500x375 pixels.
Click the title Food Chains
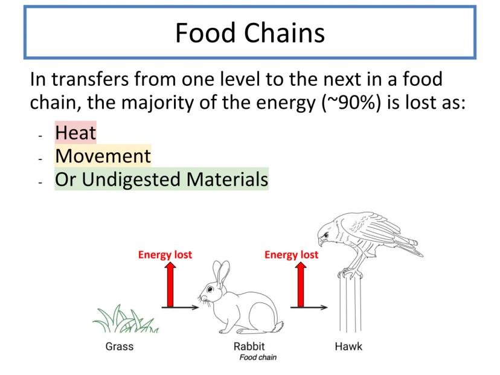click(x=250, y=33)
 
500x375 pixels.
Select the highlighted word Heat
click(x=75, y=133)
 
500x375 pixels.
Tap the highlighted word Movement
click(x=103, y=156)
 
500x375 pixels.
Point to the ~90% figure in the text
click(x=351, y=103)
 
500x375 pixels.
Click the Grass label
click(x=119, y=346)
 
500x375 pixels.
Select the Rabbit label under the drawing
click(x=249, y=346)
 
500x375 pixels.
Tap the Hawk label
click(x=348, y=346)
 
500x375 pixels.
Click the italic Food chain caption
click(x=258, y=357)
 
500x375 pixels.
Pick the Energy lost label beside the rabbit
click(x=165, y=255)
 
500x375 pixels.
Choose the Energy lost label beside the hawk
click(x=292, y=255)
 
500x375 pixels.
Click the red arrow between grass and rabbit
click(x=171, y=284)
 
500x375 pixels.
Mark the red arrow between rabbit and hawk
click(x=301, y=284)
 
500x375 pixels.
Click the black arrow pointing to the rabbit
click(x=180, y=307)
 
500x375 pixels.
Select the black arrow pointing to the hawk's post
click(x=309, y=307)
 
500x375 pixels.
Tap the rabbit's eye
click(x=210, y=289)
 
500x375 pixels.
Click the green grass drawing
click(x=126, y=319)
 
